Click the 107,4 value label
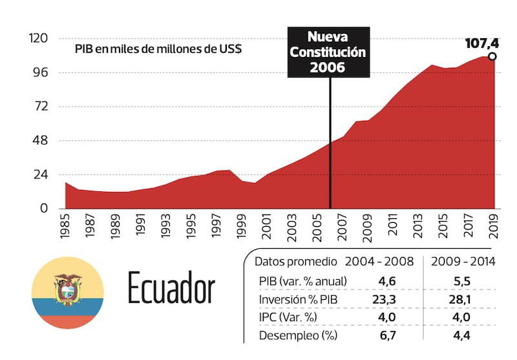tap(482, 44)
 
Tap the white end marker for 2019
tap(492, 57)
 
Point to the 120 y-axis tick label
tap(39, 39)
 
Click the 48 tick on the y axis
tap(41, 140)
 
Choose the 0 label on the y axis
tap(45, 208)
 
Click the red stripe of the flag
tap(68, 321)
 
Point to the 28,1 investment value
tap(461, 300)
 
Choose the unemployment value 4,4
tap(461, 335)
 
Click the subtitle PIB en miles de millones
tap(158, 49)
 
